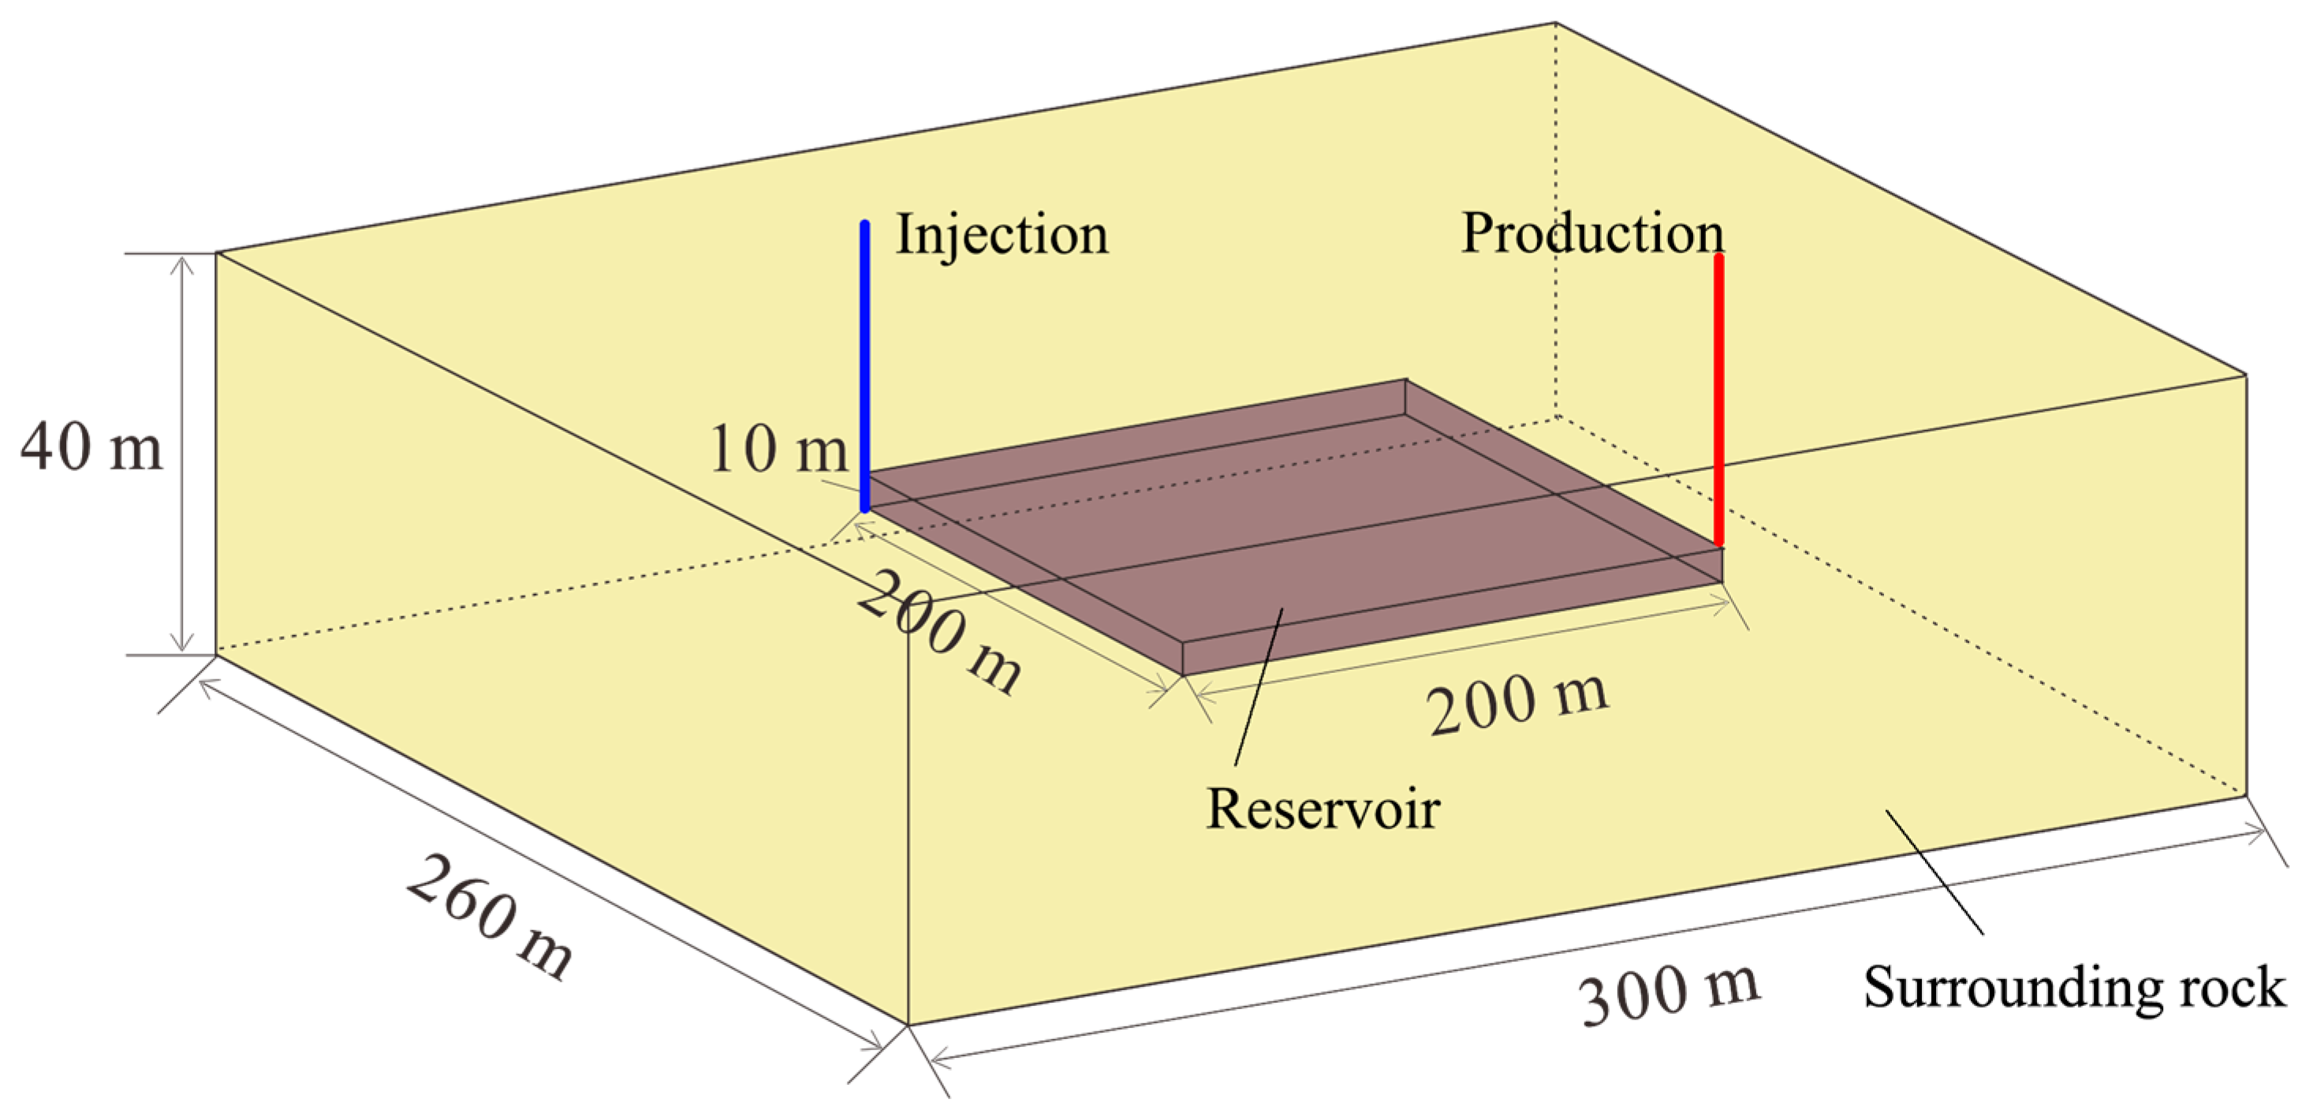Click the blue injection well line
pyautogui.click(x=864, y=359)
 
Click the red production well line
pyautogui.click(x=1718, y=395)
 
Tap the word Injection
pyautogui.click(x=1002, y=235)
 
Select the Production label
pyautogui.click(x=1592, y=234)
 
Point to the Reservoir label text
pyautogui.click(x=1323, y=809)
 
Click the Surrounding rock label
pyautogui.click(x=2074, y=988)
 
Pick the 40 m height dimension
pyautogui.click(x=91, y=447)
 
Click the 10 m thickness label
pyautogui.click(x=778, y=449)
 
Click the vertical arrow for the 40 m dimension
pyautogui.click(x=182, y=454)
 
